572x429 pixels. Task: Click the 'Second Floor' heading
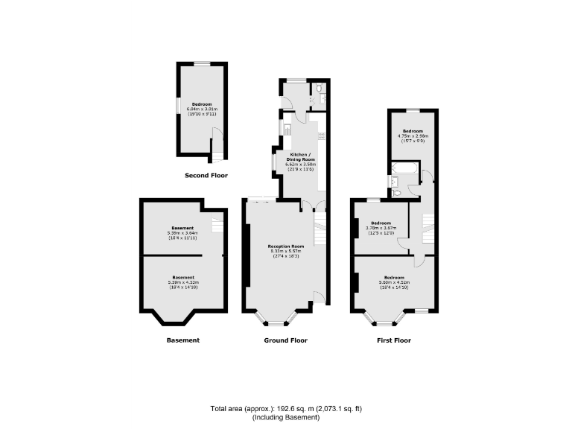point(206,176)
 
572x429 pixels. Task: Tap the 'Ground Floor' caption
point(286,340)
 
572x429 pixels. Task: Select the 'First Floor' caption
point(393,340)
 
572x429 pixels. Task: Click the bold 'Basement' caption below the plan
point(182,340)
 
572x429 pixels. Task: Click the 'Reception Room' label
point(287,246)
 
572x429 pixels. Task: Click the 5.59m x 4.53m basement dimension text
point(182,283)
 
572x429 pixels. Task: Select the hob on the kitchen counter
point(322,136)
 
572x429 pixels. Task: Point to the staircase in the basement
point(217,224)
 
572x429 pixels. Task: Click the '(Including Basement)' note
point(286,418)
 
